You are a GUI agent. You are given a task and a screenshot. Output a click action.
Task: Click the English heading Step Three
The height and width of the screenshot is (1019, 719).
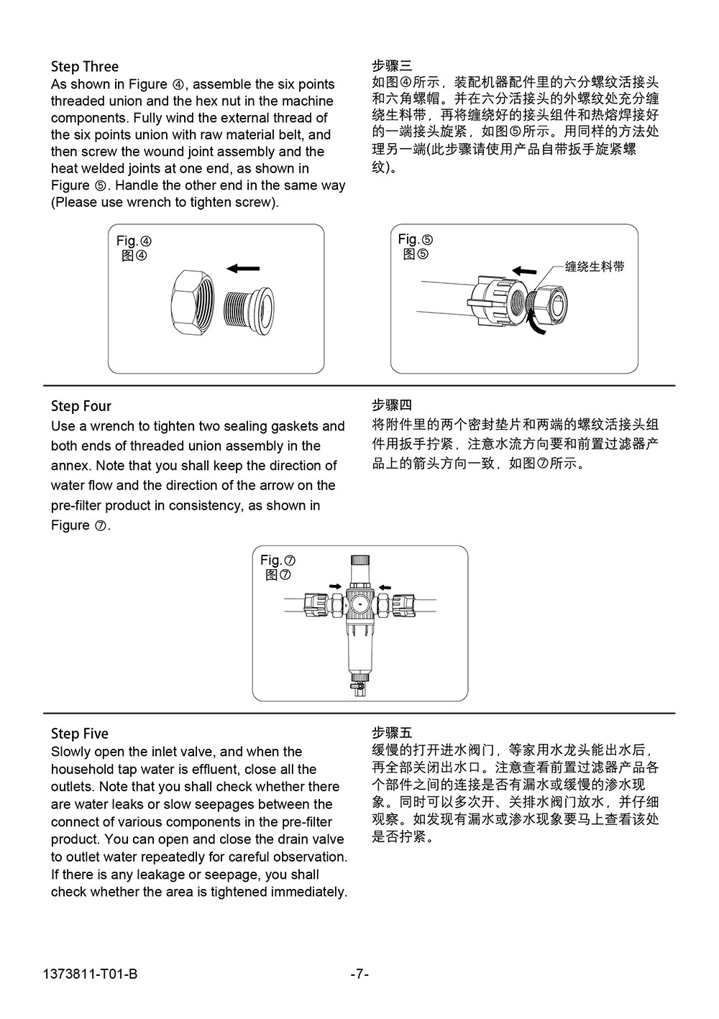[x=85, y=67]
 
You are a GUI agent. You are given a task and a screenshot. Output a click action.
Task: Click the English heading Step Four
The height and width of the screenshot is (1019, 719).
[x=81, y=406]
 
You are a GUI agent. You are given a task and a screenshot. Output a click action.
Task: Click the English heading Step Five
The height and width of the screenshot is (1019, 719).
[x=80, y=734]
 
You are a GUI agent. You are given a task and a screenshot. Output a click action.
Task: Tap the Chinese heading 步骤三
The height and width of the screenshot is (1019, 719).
[x=392, y=66]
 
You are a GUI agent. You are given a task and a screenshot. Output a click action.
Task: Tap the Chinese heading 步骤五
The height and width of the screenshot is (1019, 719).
[x=392, y=733]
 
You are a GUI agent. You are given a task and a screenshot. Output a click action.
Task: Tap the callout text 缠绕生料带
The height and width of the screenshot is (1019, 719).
[x=595, y=267]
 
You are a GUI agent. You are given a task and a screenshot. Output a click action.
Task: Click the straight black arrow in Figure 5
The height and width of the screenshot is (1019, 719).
[x=524, y=271]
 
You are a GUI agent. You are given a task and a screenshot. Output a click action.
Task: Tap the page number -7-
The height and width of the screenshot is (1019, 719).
[x=359, y=974]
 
